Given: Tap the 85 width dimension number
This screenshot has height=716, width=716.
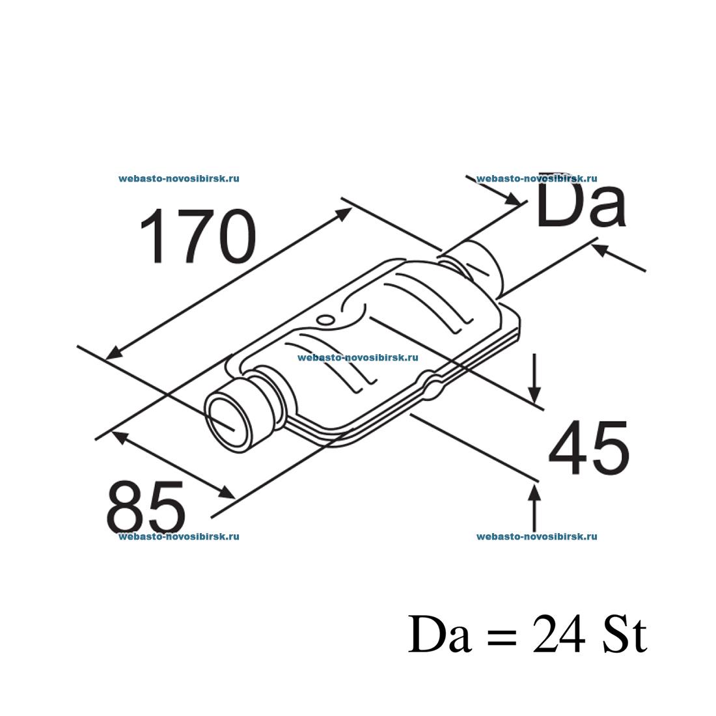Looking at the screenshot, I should (146, 508).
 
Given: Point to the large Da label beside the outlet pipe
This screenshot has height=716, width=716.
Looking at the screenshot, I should (581, 203).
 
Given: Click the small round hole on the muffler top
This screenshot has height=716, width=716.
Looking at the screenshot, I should (325, 319).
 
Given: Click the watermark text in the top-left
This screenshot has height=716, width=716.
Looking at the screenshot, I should (179, 178).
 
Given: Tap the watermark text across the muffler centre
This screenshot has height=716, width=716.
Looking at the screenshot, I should (357, 357).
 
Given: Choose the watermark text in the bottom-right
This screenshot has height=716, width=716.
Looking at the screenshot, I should (536, 536).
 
